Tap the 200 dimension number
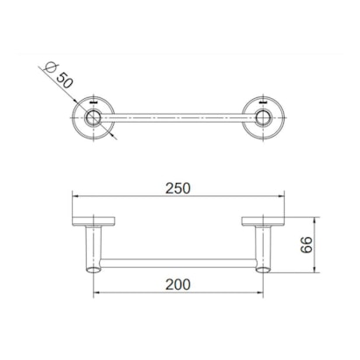point(180,283)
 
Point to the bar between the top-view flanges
point(180,115)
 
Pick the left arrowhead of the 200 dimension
point(97,293)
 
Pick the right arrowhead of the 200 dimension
point(261,293)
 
